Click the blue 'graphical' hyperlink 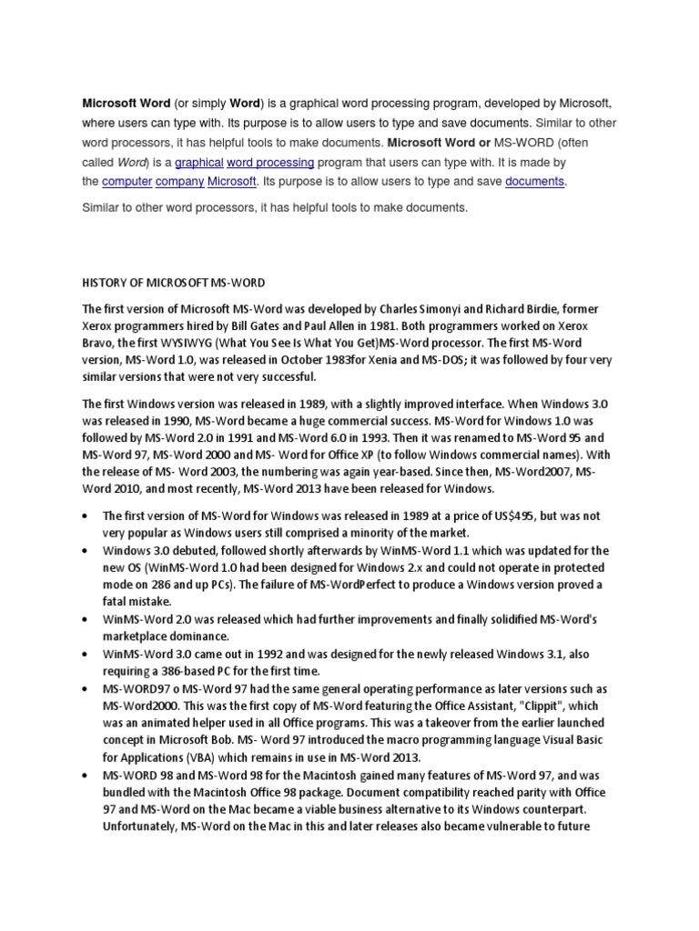coord(199,163)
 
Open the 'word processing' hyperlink coord(270,163)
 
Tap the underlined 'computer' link coord(126,182)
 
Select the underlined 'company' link coord(178,182)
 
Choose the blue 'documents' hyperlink coord(535,182)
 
